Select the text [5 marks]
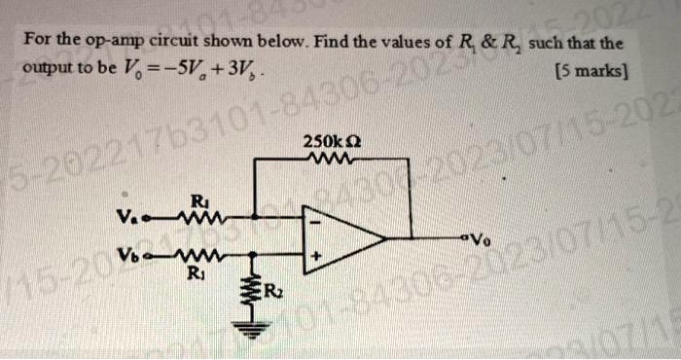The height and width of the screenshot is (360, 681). point(591,71)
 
